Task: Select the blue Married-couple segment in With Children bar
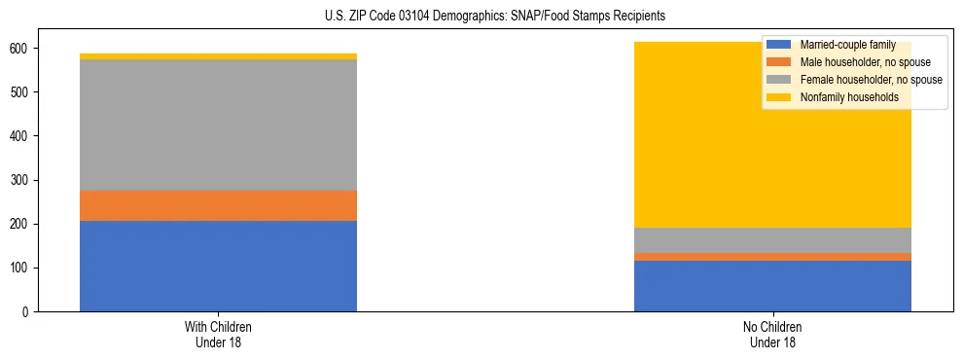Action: tap(218, 266)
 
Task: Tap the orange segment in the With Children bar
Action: tap(218, 205)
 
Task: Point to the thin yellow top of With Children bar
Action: tap(218, 56)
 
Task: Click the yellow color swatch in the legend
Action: tap(779, 97)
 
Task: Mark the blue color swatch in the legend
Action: tap(779, 45)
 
